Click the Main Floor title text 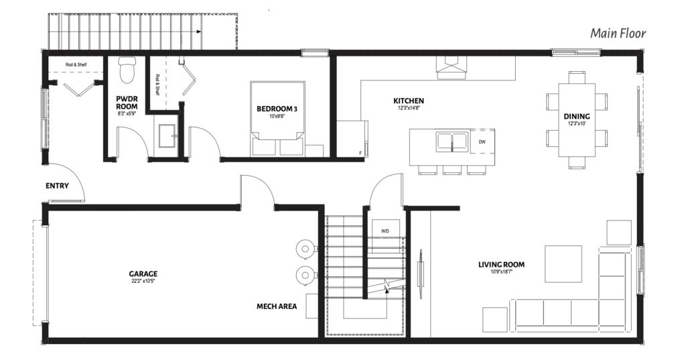618,34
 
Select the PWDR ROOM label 127,103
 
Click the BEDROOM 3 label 277,109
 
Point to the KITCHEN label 409,101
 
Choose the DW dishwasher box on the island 482,142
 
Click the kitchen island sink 452,141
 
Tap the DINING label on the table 577,116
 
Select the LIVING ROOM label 501,264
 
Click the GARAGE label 143,274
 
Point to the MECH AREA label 277,306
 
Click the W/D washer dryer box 385,231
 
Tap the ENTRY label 58,186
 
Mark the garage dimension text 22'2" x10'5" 143,281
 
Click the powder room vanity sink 167,136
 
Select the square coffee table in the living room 563,264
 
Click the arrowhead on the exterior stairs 198,32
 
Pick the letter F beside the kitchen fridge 360,153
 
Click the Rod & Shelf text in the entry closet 76,65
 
